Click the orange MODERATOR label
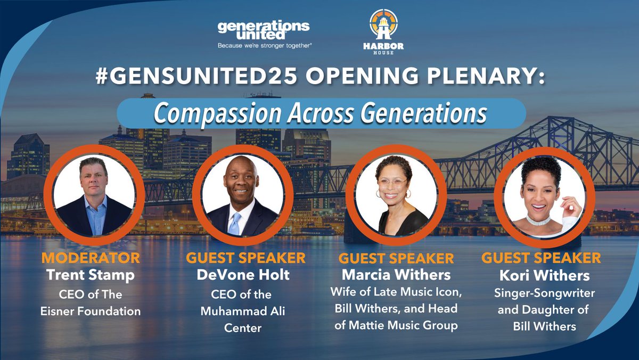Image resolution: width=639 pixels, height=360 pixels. (x=91, y=259)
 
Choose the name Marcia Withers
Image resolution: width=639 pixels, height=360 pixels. (x=396, y=276)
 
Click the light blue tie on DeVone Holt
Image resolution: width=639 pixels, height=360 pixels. (x=235, y=224)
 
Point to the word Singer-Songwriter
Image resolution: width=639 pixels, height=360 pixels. (x=541, y=293)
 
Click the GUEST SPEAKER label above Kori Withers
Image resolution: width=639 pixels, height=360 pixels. (x=541, y=259)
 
